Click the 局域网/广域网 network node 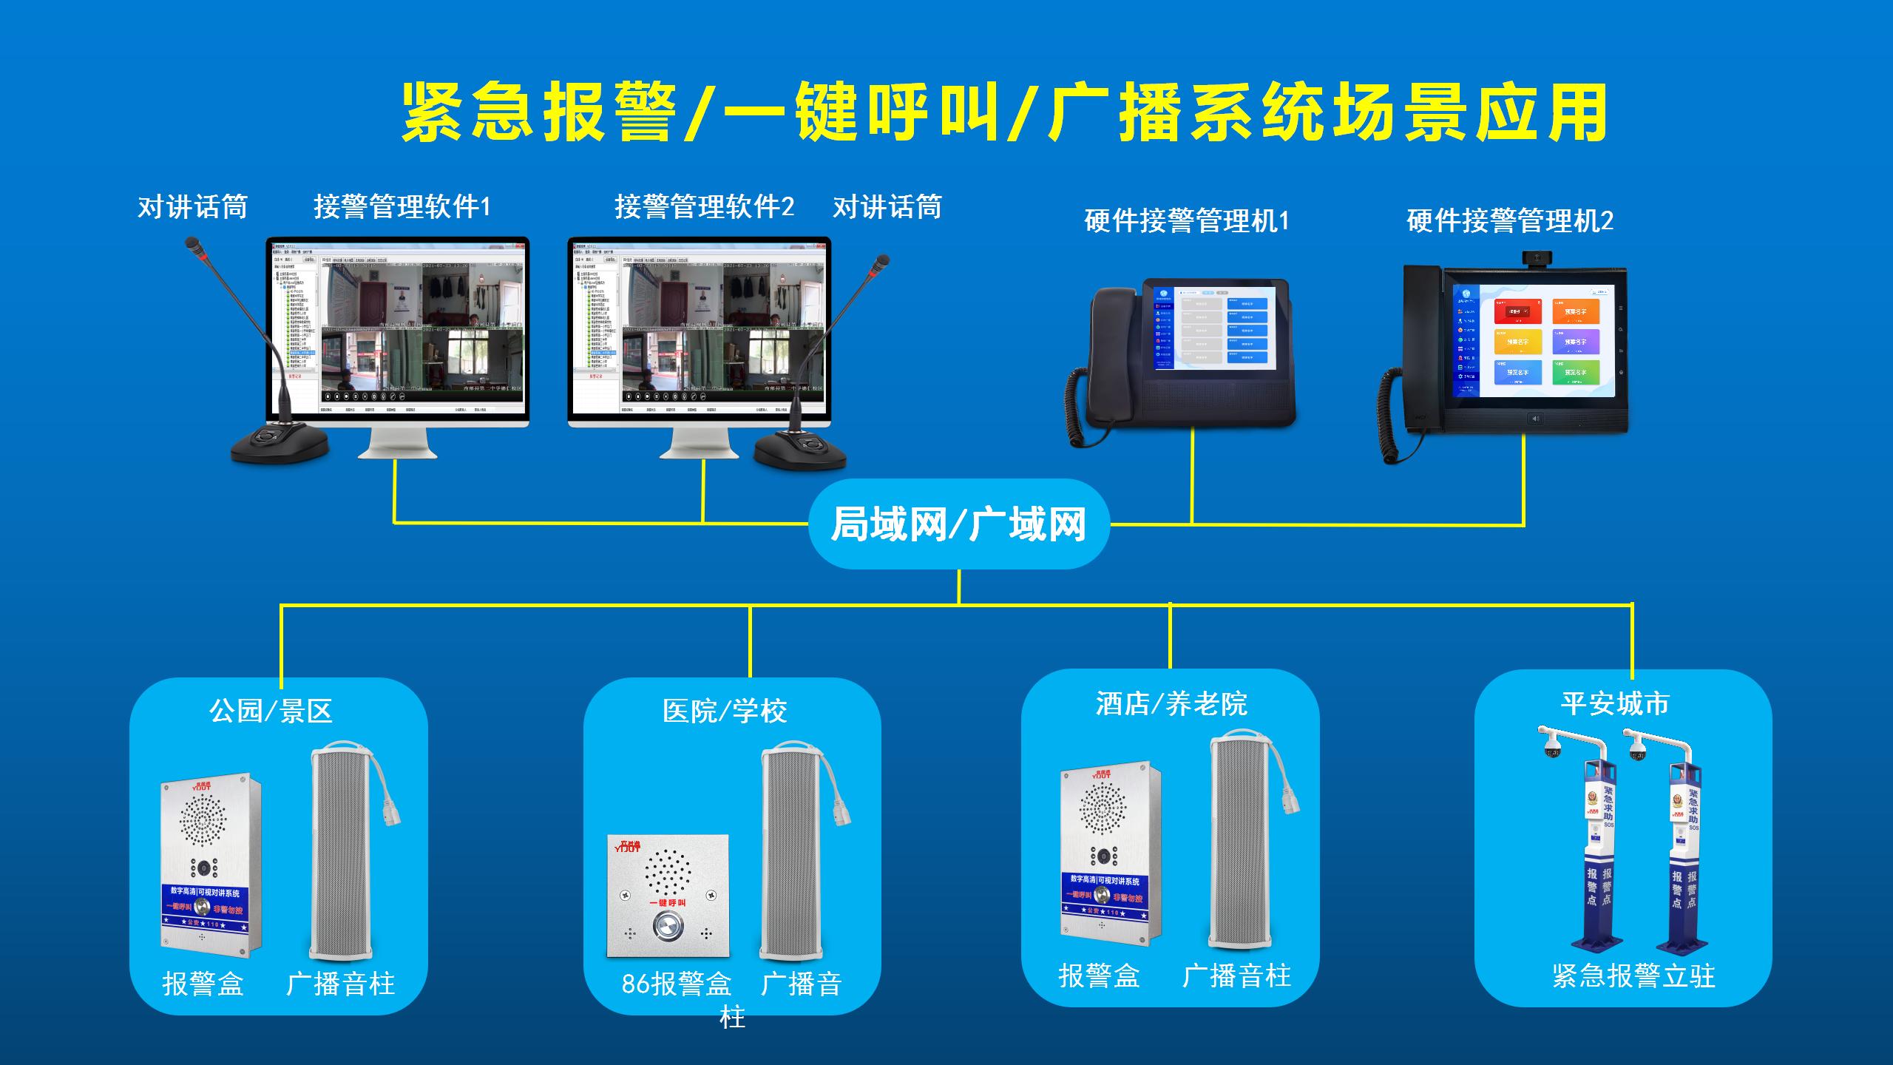[x=958, y=524]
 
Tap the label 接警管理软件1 [x=402, y=207]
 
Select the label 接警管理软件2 [x=704, y=207]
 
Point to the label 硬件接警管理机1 [x=1186, y=221]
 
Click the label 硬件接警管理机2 [x=1509, y=221]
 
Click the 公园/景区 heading [x=271, y=711]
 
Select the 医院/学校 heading [x=725, y=711]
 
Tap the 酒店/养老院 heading [x=1171, y=703]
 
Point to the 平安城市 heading [x=1615, y=703]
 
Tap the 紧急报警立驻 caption [x=1633, y=976]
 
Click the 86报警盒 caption [x=677, y=984]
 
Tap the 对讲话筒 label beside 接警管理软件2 [x=887, y=207]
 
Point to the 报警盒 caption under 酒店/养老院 [x=1099, y=976]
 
